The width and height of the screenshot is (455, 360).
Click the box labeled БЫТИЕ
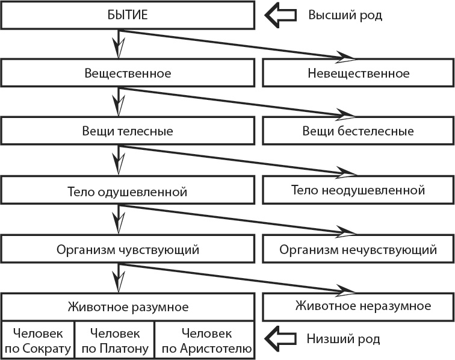click(127, 15)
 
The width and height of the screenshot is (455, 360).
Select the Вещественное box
click(127, 73)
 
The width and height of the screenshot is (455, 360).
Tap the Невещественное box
click(358, 73)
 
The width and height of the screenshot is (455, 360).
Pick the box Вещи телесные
click(127, 131)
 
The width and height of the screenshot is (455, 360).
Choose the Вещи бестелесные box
click(358, 131)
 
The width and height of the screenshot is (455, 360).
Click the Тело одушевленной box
click(127, 193)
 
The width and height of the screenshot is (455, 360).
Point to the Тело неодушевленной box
click(358, 190)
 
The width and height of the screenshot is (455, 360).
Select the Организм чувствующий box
click(127, 249)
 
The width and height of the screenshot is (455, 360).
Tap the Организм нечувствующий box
click(358, 249)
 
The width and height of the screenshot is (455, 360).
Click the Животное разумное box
click(127, 307)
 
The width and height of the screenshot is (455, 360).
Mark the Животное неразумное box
click(358, 306)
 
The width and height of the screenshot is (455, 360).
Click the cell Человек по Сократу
click(38, 340)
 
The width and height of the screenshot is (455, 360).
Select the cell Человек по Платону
click(114, 340)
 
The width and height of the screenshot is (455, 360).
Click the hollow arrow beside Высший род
click(282, 15)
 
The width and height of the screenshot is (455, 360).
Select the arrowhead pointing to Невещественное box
click(346, 57)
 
